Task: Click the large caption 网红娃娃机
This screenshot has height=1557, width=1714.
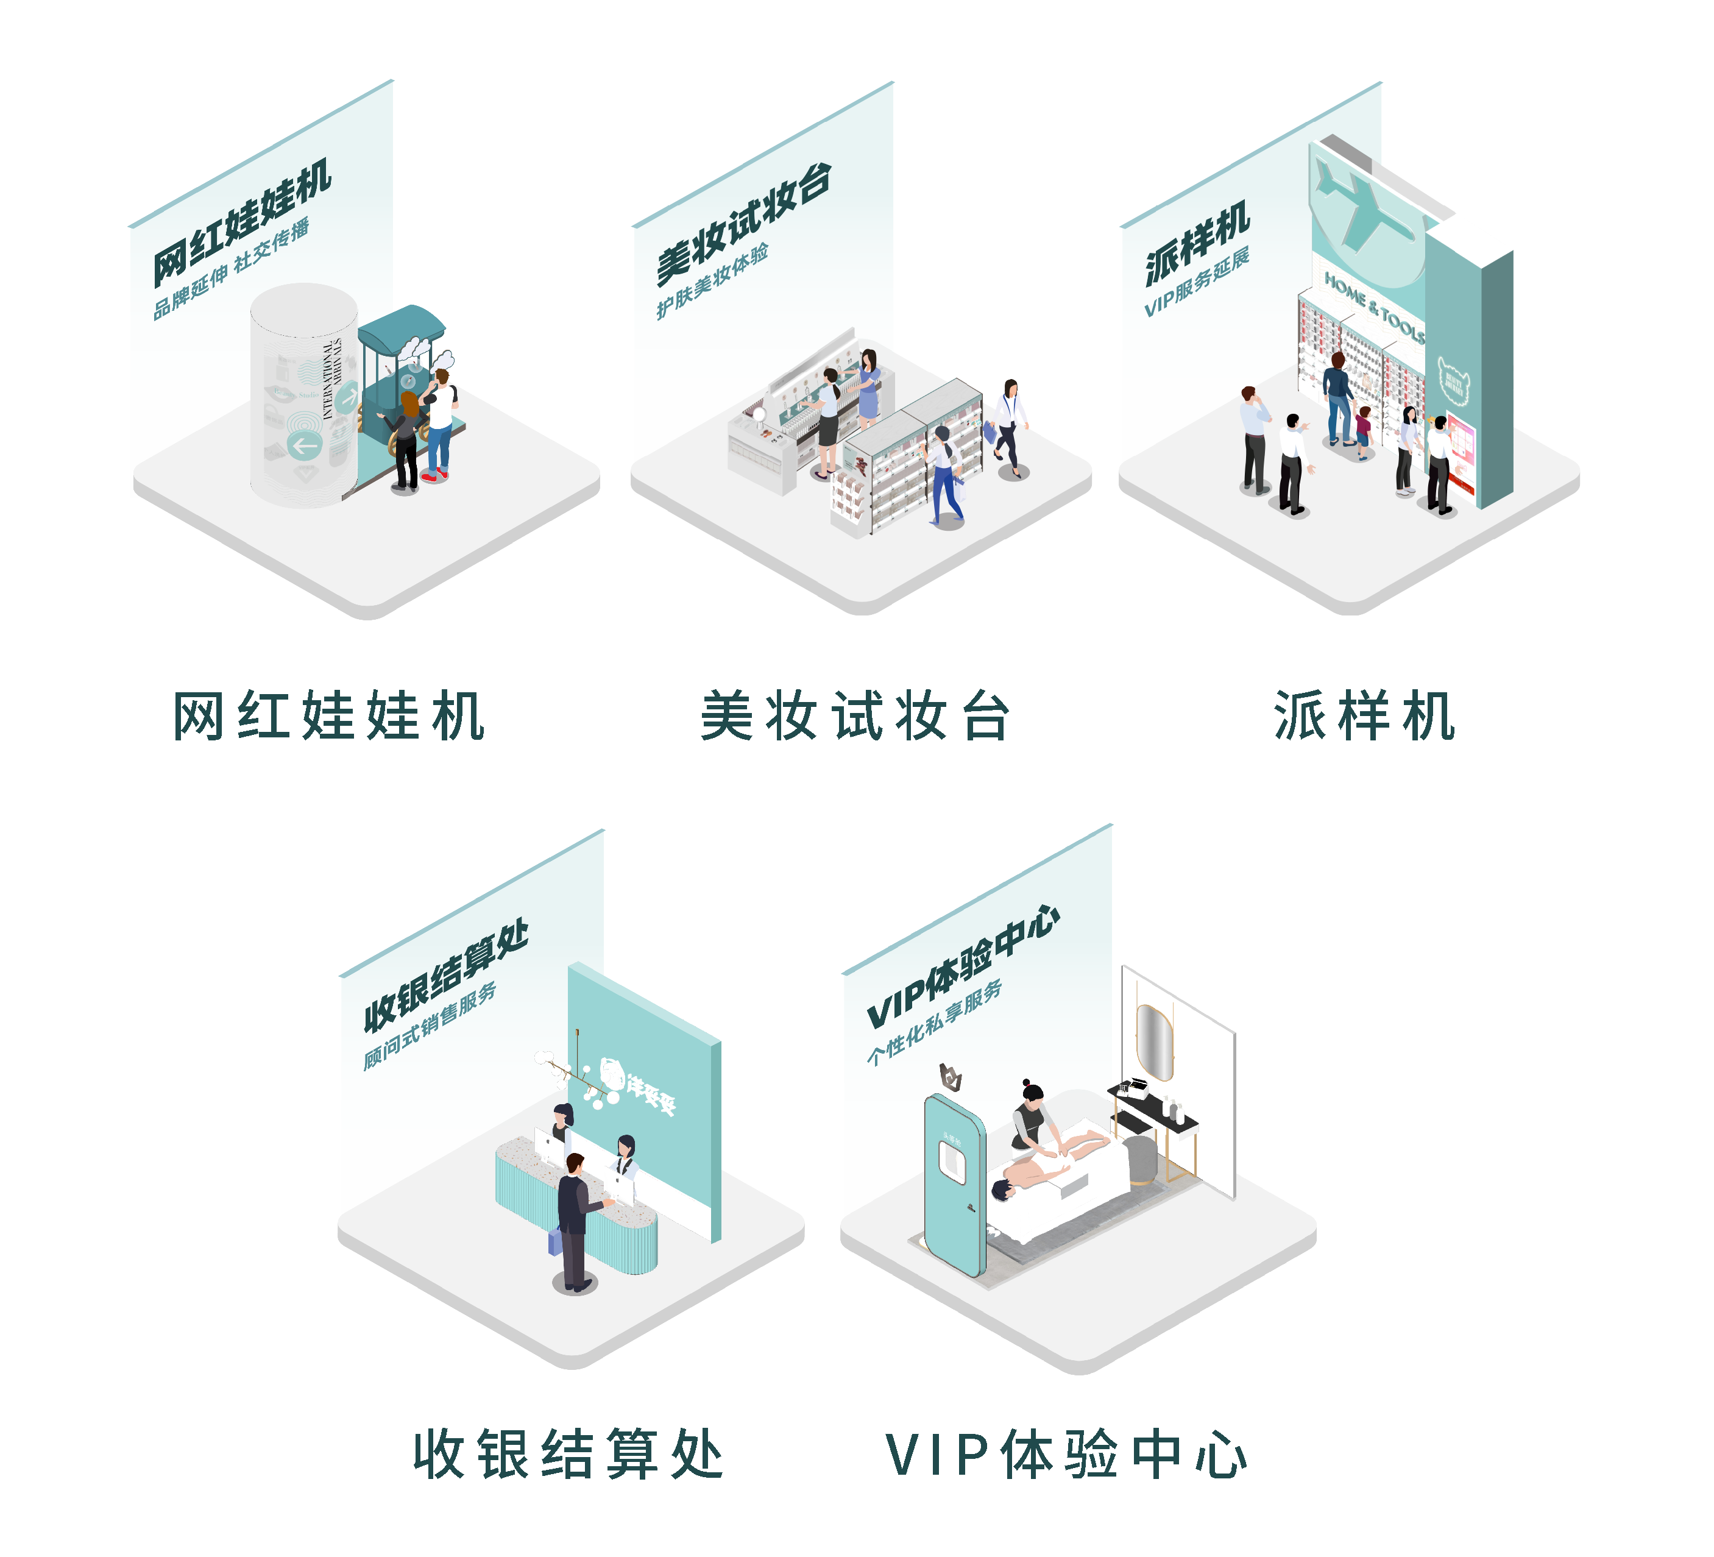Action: tap(328, 716)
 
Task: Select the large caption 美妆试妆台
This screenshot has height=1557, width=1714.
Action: tap(854, 716)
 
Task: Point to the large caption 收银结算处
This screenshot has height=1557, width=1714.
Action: tap(568, 1455)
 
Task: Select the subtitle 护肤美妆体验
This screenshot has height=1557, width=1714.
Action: tap(712, 282)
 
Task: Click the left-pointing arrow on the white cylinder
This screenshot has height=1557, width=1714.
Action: tap(303, 445)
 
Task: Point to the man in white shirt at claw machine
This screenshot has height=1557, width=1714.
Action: tap(441, 421)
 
